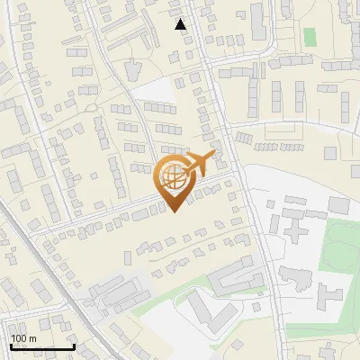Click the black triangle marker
182,24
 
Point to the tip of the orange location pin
173,211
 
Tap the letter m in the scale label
32,338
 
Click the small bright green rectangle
310,37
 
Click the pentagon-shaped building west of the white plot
132,69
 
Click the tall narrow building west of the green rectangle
258,22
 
